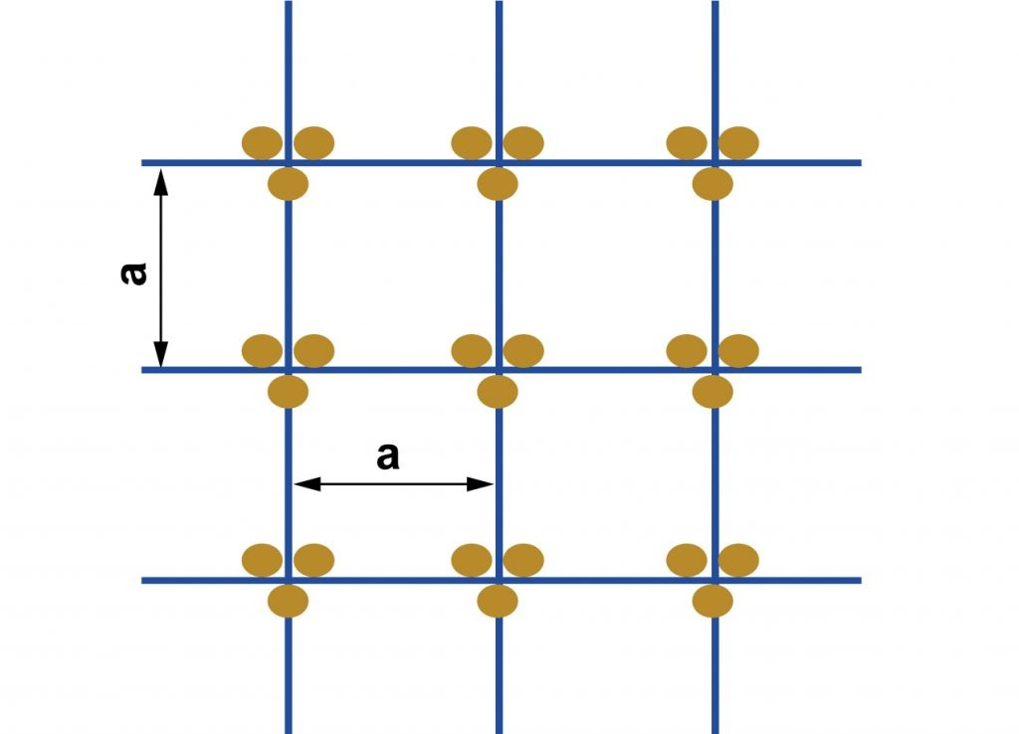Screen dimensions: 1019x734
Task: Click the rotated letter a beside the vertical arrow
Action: pyautogui.click(x=134, y=274)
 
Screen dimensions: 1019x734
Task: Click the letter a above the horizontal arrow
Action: pyautogui.click(x=388, y=456)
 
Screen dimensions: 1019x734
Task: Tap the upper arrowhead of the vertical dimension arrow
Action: pyautogui.click(x=160, y=182)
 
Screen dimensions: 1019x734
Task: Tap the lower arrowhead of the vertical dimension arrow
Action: pyautogui.click(x=160, y=353)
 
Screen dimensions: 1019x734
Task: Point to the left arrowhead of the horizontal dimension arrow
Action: pyautogui.click(x=307, y=484)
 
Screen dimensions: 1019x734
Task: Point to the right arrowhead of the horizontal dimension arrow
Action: pyautogui.click(x=481, y=484)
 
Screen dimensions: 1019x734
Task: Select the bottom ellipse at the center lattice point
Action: pyautogui.click(x=498, y=392)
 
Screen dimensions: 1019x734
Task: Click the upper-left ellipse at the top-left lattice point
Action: pyautogui.click(x=262, y=143)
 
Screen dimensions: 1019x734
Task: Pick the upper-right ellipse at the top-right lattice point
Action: pyautogui.click(x=739, y=143)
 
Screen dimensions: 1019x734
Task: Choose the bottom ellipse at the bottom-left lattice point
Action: pyautogui.click(x=288, y=601)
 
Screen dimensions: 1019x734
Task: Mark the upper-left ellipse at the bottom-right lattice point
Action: pyautogui.click(x=687, y=560)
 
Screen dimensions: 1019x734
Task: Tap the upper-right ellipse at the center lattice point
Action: pyautogui.click(x=523, y=351)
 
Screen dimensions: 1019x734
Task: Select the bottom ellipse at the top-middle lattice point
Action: pyautogui.click(x=498, y=184)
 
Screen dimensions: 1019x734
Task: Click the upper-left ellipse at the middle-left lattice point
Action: pyautogui.click(x=262, y=351)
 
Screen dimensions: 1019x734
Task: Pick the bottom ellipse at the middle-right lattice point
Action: pyautogui.click(x=713, y=392)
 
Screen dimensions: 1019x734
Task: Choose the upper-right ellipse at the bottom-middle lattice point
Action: pyautogui.click(x=523, y=560)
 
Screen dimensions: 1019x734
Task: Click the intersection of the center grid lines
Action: pyautogui.click(x=500, y=370)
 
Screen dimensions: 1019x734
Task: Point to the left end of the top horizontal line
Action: pyautogui.click(x=142, y=163)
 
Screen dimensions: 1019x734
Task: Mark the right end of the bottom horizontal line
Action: pyautogui.click(x=861, y=581)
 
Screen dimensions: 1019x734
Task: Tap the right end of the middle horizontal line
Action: pyautogui.click(x=861, y=370)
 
